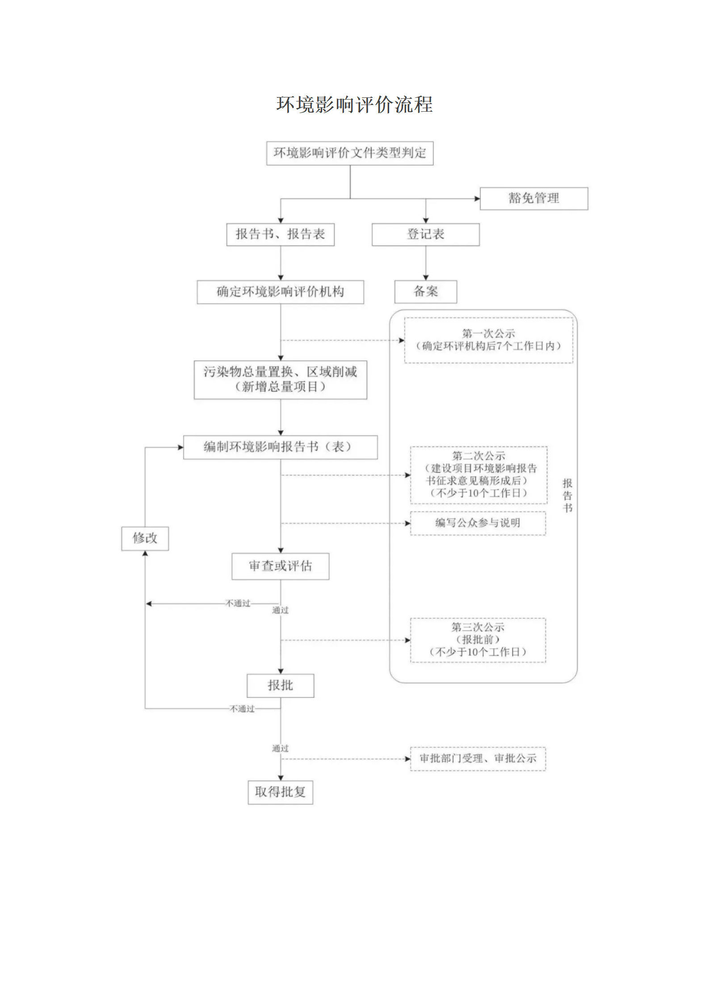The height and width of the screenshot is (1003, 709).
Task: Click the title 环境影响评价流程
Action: (354, 105)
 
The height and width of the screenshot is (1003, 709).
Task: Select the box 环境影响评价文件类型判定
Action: (350, 153)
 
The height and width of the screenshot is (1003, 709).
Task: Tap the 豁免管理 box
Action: (533, 198)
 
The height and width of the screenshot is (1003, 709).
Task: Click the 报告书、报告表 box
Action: (280, 234)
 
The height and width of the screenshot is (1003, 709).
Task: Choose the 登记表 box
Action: (425, 234)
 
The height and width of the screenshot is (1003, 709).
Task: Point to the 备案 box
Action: (425, 292)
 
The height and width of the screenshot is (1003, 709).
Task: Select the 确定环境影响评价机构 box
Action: (280, 292)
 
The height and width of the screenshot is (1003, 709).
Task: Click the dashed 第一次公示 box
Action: (488, 340)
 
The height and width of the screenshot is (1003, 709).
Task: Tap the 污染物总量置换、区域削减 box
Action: (280, 379)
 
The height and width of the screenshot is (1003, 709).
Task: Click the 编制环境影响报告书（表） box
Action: (280, 447)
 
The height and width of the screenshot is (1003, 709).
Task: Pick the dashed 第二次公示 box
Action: (478, 474)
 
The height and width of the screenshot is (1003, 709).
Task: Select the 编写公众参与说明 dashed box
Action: (478, 523)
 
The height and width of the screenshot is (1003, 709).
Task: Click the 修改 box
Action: (145, 538)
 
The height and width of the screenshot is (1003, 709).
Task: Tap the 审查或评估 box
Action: (280, 566)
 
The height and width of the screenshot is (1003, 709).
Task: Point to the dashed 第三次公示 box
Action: (478, 640)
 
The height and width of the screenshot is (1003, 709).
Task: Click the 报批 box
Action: (280, 685)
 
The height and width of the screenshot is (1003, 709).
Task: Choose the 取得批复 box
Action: (280, 792)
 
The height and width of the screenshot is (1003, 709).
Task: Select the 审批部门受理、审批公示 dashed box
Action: (478, 758)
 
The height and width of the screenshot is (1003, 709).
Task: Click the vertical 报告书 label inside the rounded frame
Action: (567, 495)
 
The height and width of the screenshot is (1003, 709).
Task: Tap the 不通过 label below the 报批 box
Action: (242, 709)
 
